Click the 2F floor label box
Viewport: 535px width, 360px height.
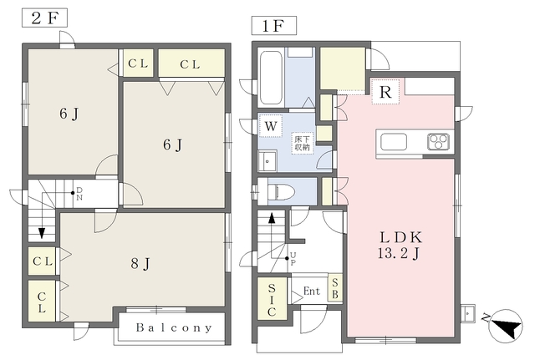pyautogui.click(x=44, y=18)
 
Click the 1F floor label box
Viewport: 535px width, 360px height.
pyautogui.click(x=274, y=26)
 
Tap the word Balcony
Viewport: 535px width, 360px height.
pyautogui.click(x=174, y=328)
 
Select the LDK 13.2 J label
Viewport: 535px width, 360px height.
pyautogui.click(x=400, y=246)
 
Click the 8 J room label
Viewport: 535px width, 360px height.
pyautogui.click(x=140, y=263)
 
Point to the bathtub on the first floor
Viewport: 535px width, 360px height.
pyautogui.click(x=271, y=78)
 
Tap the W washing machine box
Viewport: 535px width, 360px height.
pyautogui.click(x=271, y=126)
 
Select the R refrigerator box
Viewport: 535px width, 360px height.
pyautogui.click(x=385, y=92)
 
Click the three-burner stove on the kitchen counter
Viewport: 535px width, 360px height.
pyautogui.click(x=438, y=141)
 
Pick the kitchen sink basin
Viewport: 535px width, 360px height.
pyautogui.click(x=394, y=141)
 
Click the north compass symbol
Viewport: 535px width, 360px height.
pyautogui.click(x=504, y=326)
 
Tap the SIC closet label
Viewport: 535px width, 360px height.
pyautogui.click(x=272, y=300)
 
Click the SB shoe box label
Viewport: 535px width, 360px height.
pyautogui.click(x=335, y=288)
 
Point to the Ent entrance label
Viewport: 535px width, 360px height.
pyautogui.click(x=312, y=292)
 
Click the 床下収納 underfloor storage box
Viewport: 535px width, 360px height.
pyautogui.click(x=303, y=143)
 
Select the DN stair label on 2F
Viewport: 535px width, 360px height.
pyautogui.click(x=79, y=194)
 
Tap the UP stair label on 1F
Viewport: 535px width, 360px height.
pyautogui.click(x=293, y=259)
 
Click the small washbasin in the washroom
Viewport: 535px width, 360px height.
pyautogui.click(x=267, y=161)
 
